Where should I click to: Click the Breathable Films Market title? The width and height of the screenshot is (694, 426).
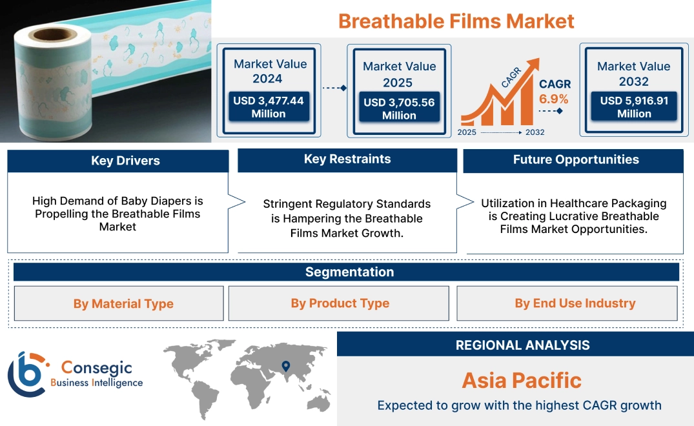pyautogui.click(x=456, y=21)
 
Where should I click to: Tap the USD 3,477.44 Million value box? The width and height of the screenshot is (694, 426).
pyautogui.click(x=269, y=107)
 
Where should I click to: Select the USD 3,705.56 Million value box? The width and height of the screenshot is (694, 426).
pyautogui.click(x=399, y=108)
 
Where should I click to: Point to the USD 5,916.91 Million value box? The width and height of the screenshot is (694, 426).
pyautogui.click(x=634, y=107)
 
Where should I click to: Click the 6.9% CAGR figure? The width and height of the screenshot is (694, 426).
pyautogui.click(x=554, y=99)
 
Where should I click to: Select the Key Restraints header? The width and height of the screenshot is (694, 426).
pyautogui.click(x=347, y=159)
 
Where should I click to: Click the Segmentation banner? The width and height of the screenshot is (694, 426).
pyautogui.click(x=349, y=272)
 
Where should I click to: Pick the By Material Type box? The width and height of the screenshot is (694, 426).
pyautogui.click(x=123, y=303)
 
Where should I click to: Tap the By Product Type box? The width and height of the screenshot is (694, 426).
pyautogui.click(x=340, y=303)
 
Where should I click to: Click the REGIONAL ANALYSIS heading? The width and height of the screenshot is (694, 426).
pyautogui.click(x=522, y=345)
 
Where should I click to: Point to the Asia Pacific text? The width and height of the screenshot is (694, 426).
pyautogui.click(x=522, y=380)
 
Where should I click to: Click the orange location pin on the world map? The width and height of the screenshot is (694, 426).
pyautogui.click(x=285, y=367)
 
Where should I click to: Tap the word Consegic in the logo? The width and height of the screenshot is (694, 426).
pyautogui.click(x=96, y=368)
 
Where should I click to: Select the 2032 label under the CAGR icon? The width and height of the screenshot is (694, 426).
pyautogui.click(x=535, y=132)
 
